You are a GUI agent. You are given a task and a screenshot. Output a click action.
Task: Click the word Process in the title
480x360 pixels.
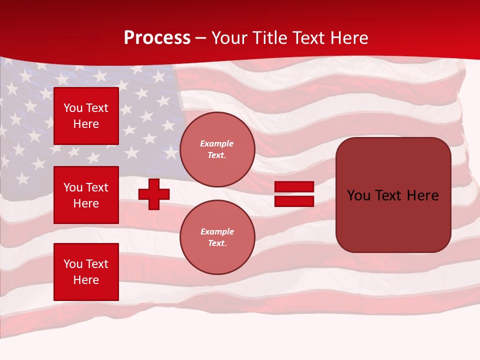(157, 38)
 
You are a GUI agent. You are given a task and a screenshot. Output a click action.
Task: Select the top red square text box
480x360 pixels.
(86, 116)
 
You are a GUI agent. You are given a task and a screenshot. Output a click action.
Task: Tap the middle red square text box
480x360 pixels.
(86, 195)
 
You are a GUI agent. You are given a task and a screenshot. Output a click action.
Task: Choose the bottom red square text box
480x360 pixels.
(86, 272)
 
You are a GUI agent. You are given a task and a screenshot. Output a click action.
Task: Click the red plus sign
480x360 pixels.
(154, 194)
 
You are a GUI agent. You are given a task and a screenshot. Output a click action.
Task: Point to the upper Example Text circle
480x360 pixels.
(217, 149)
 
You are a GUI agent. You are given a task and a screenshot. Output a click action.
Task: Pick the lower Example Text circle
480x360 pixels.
(217, 237)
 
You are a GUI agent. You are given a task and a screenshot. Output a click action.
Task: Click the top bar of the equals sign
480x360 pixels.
(294, 187)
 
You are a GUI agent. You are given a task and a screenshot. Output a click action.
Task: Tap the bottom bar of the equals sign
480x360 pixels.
(294, 201)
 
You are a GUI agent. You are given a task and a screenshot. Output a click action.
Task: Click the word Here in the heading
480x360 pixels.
(346, 38)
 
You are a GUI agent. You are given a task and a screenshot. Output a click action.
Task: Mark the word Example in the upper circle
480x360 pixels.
(217, 143)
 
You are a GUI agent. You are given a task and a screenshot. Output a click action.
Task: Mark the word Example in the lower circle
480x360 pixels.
(217, 231)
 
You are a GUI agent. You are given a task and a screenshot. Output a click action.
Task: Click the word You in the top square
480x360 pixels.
(73, 108)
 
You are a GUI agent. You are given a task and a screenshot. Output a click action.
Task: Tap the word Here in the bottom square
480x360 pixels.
(86, 280)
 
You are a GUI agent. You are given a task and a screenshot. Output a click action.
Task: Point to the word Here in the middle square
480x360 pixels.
(86, 203)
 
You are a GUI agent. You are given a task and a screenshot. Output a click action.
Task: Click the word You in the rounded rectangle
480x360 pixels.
(358, 195)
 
